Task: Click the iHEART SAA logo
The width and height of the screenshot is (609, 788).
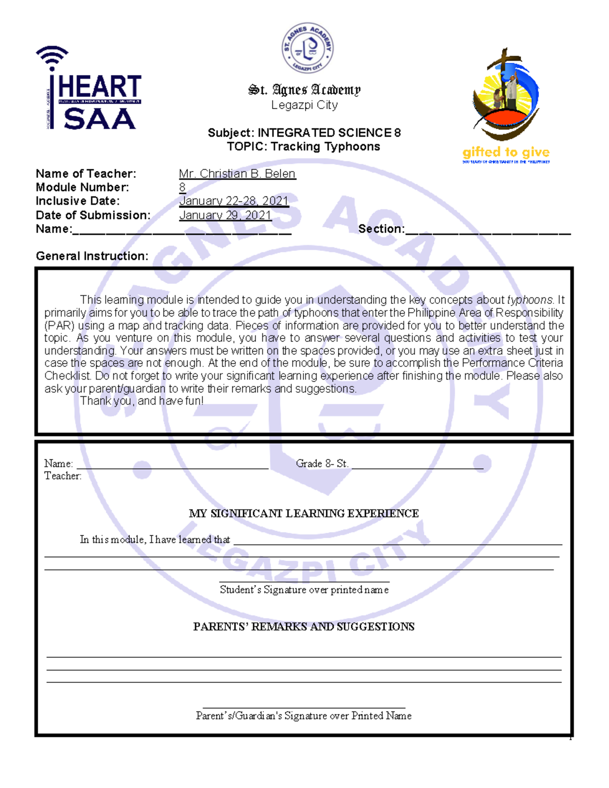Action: pos(89,89)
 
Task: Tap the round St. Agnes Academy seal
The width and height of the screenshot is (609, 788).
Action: pos(308,49)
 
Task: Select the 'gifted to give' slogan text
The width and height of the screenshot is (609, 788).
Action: pos(505,152)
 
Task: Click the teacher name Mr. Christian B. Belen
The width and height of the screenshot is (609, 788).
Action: pos(237,174)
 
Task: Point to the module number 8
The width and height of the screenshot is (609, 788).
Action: pos(182,187)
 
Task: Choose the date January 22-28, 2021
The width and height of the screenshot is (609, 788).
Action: pos(233,201)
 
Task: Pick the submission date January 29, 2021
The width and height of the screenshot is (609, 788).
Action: pos(225,215)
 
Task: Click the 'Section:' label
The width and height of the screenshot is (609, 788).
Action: pos(381,229)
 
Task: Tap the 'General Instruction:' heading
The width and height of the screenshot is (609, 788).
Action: pos(92,256)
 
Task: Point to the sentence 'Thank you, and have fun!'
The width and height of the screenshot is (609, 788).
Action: pos(142,401)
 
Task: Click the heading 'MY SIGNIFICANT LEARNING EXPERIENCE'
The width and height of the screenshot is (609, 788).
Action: pos(304,513)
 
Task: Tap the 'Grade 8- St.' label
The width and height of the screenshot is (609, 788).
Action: pos(322,463)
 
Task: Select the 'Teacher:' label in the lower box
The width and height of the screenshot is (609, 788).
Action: pos(62,476)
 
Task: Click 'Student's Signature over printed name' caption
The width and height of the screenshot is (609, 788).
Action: pos(304,590)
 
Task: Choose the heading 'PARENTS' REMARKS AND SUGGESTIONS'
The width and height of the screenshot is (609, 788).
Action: pos(304,627)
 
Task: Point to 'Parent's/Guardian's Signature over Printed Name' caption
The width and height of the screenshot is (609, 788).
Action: pos(303,715)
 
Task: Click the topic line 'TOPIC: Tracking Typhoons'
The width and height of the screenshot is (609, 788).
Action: pos(303,147)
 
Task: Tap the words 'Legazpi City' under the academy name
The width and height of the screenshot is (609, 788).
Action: pos(304,105)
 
